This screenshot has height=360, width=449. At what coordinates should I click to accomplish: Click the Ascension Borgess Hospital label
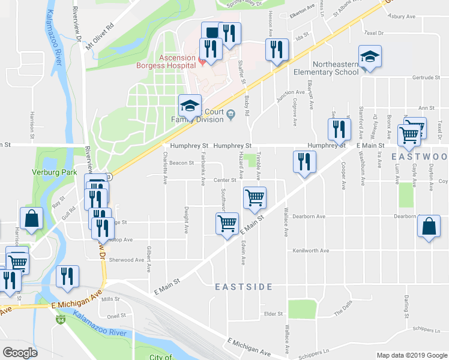pos(177,62)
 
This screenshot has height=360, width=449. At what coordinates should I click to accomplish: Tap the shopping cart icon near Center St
pos(255,197)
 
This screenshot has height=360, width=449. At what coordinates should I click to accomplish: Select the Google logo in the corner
pos(19,353)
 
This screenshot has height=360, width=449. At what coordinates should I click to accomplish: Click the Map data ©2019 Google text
pos(411,355)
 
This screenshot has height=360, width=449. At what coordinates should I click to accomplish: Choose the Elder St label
pos(273,313)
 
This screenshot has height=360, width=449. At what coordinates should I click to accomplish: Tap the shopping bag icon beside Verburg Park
pos(31,219)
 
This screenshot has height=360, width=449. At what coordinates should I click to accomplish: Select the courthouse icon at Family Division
pos(229,115)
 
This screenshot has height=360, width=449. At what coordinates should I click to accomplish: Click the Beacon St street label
pos(181,163)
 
